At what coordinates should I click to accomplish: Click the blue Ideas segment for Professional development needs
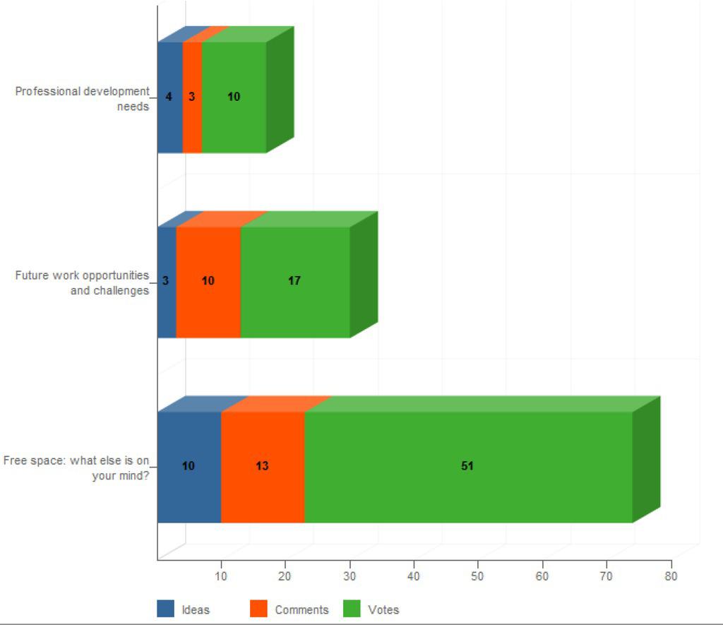pos(169,120)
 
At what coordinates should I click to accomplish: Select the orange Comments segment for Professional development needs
pos(192,120)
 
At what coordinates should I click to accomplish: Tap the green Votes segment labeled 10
pos(234,120)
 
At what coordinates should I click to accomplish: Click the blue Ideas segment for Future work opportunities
pos(167,304)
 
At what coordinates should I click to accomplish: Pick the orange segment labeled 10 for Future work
pos(208,304)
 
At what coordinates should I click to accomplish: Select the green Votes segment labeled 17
pos(295,304)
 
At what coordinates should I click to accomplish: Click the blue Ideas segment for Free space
pos(189,487)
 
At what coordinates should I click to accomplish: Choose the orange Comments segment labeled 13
pos(263,487)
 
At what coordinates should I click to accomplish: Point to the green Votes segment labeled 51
pos(467,487)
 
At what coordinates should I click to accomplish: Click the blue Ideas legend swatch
pos(165,609)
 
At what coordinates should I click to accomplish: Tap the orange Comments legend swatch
pos(259,609)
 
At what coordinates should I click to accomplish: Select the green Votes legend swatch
pos(352,609)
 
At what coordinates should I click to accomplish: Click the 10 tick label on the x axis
pos(221,576)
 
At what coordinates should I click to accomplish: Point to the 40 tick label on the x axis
pos(414,576)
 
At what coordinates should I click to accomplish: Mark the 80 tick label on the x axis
pos(671,576)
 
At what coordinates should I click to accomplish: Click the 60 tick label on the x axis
pos(542,576)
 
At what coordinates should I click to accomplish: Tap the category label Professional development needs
pos(83,99)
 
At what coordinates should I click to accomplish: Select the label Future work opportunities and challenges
pos(83,282)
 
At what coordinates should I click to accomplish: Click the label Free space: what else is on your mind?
pos(77,468)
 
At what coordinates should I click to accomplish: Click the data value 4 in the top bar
pos(169,97)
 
